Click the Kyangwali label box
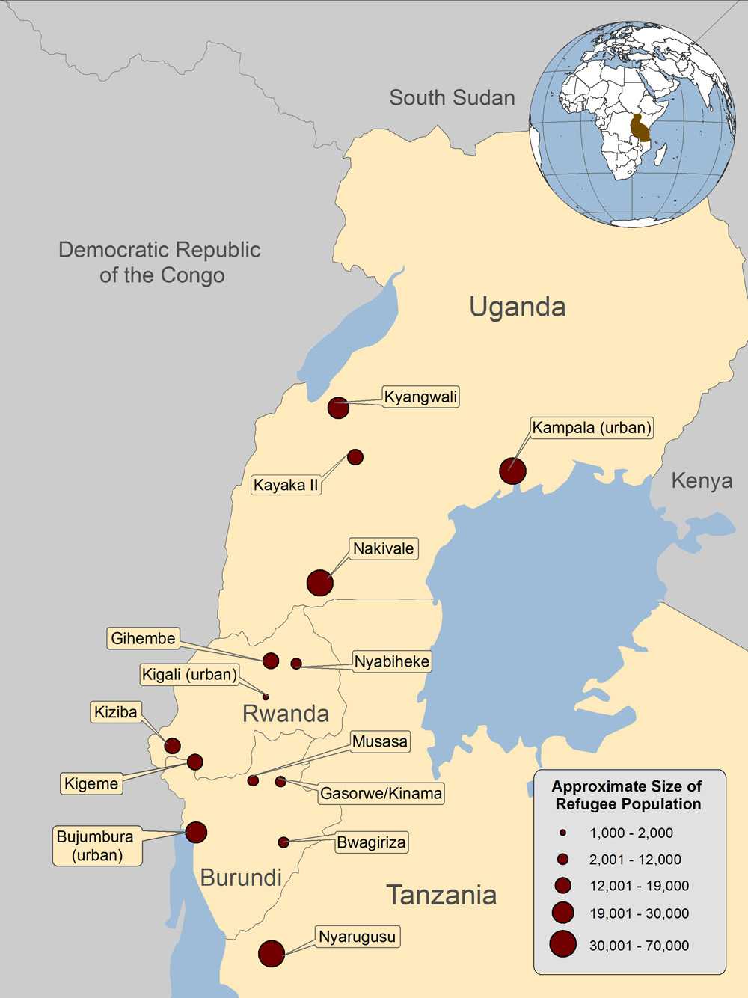pyautogui.click(x=420, y=397)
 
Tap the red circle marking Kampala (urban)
pyautogui.click(x=512, y=471)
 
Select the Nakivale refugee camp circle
pyautogui.click(x=319, y=583)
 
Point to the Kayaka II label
pyautogui.click(x=286, y=485)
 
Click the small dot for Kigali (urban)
pyautogui.click(x=266, y=697)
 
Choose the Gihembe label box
pyautogui.click(x=143, y=638)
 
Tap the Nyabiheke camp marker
pyautogui.click(x=296, y=664)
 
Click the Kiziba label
pyautogui.click(x=116, y=711)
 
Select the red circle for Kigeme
pyautogui.click(x=194, y=762)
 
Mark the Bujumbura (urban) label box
pyautogui.click(x=97, y=845)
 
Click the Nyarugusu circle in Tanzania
pyautogui.click(x=272, y=954)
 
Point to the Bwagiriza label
pyautogui.click(x=371, y=842)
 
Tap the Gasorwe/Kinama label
pyautogui.click(x=381, y=793)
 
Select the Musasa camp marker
pyautogui.click(x=253, y=780)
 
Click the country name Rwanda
pyautogui.click(x=286, y=713)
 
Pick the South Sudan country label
pyautogui.click(x=452, y=97)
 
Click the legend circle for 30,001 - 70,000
pyautogui.click(x=562, y=944)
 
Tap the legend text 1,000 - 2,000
pyautogui.click(x=631, y=833)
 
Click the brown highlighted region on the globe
pyautogui.click(x=640, y=128)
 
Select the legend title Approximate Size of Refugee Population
pyautogui.click(x=627, y=795)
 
